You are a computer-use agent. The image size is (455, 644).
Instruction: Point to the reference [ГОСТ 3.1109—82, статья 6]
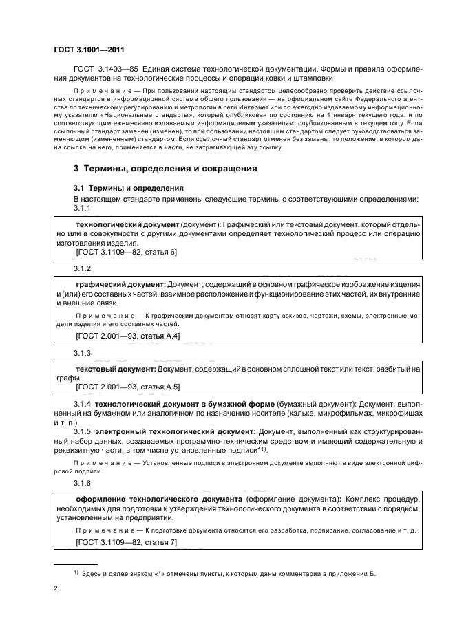(x=126, y=253)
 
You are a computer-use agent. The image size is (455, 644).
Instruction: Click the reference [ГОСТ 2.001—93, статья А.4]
(x=128, y=336)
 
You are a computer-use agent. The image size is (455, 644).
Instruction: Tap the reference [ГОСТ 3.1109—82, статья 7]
(x=126, y=543)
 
